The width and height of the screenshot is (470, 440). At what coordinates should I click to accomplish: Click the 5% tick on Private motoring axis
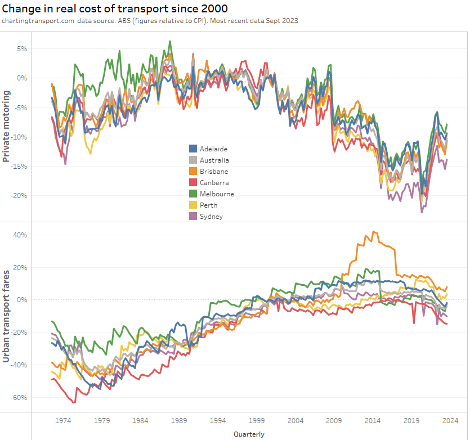coord(37,49)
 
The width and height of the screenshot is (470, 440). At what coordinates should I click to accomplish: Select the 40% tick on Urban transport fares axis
coord(35,235)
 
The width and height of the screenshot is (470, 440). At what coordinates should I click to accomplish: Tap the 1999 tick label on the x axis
coord(257,420)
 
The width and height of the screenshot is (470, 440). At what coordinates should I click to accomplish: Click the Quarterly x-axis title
coord(248,434)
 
